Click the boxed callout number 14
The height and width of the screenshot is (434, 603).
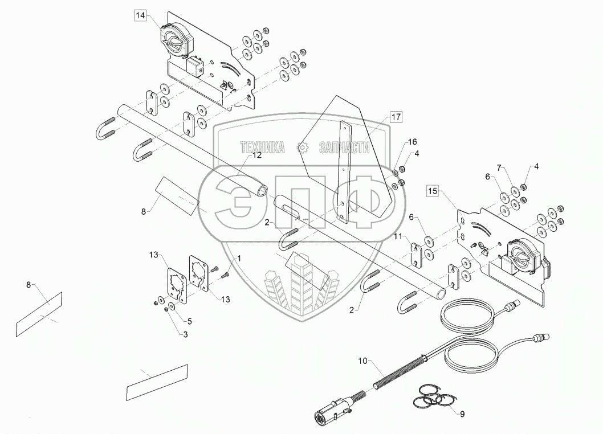coord(141,16)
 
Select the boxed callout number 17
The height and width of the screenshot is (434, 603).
coord(396,117)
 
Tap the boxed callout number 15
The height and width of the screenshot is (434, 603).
coord(433,191)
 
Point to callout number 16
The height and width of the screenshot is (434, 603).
coord(412,142)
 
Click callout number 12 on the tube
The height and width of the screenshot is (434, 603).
coord(256,155)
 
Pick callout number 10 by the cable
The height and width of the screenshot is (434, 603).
coord(364,361)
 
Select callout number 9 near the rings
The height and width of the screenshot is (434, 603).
coord(462,414)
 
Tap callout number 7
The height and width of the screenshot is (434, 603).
coord(499,167)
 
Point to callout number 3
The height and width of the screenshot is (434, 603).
coord(185,335)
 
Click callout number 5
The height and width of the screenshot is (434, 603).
coord(190,321)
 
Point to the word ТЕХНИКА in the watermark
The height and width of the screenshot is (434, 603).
coord(262,147)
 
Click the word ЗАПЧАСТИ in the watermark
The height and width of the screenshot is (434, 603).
coord(344,147)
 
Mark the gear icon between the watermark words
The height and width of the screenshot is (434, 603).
coord(302,147)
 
